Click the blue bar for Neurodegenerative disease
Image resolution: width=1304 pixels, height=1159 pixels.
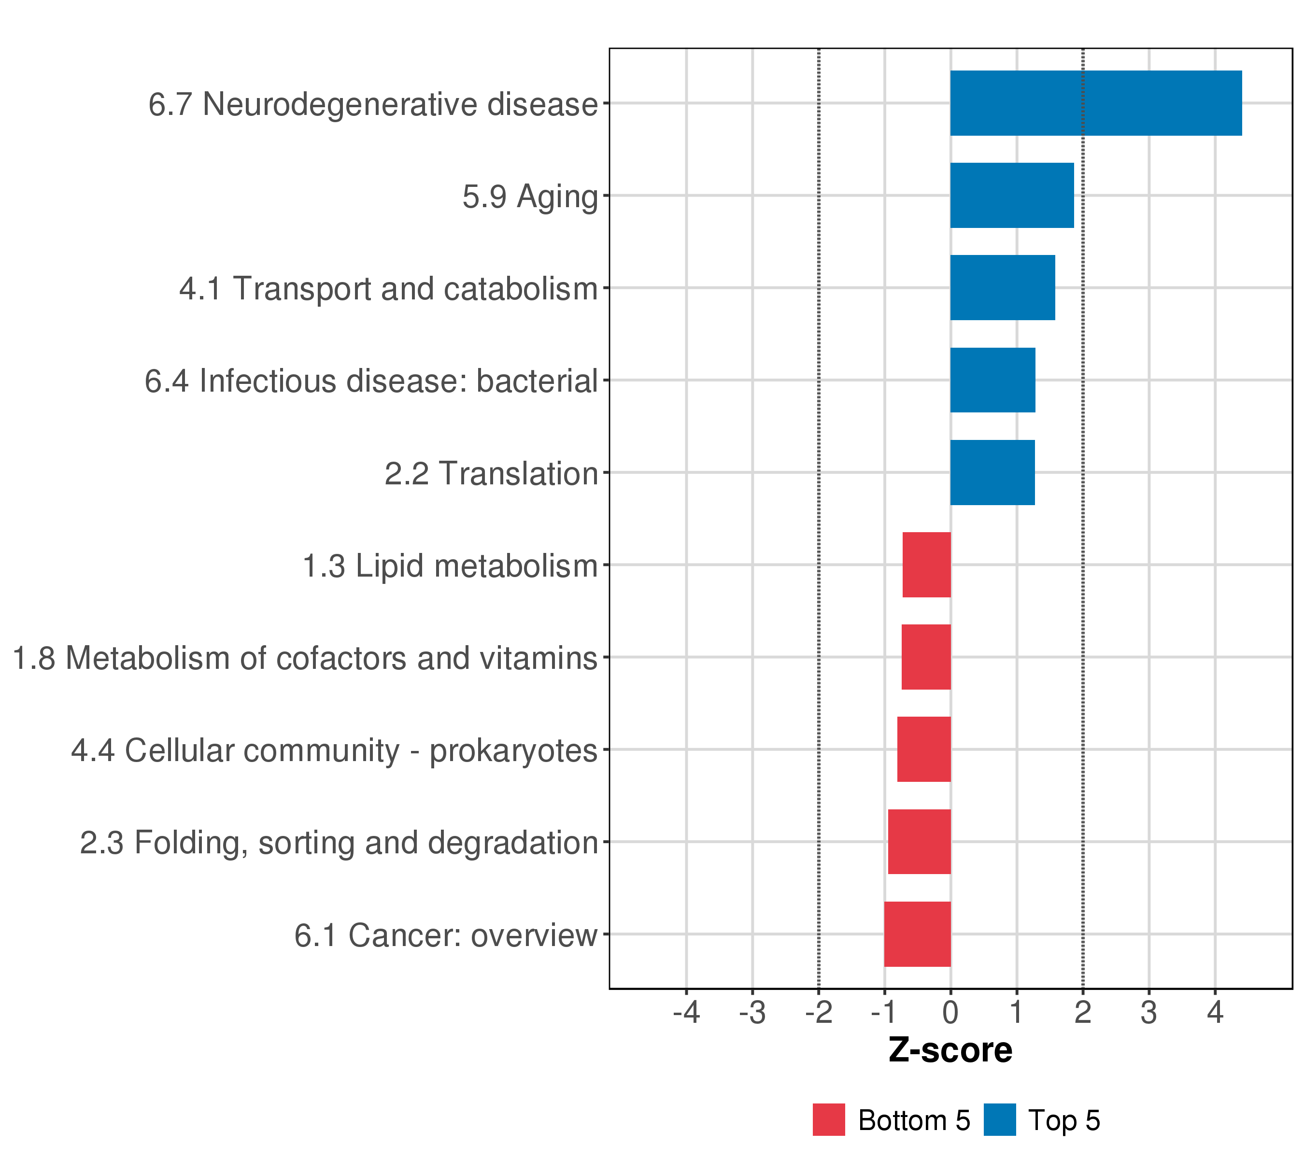(1095, 103)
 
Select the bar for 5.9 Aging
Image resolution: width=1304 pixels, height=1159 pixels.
(1012, 195)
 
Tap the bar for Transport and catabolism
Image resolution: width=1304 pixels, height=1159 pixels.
(1002, 288)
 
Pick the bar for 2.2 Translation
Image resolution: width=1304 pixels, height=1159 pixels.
(992, 473)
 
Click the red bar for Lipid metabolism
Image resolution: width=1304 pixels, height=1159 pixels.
(926, 565)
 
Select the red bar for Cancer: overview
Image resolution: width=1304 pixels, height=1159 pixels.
(918, 934)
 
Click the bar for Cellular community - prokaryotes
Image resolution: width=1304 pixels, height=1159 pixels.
(924, 749)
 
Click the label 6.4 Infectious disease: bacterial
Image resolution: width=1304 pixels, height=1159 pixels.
(371, 382)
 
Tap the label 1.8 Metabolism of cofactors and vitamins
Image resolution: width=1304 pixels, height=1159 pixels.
(305, 658)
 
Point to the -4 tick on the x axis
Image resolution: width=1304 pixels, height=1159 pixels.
(686, 1012)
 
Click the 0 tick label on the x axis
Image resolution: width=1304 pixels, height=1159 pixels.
(950, 1012)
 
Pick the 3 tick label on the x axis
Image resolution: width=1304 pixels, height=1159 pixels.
(1149, 1012)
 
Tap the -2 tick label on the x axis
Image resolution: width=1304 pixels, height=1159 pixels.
(819, 1012)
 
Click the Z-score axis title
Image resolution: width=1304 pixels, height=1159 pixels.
(950, 1050)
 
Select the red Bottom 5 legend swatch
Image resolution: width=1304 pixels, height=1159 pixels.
(829, 1120)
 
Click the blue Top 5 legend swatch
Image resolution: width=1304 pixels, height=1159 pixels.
(1000, 1120)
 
